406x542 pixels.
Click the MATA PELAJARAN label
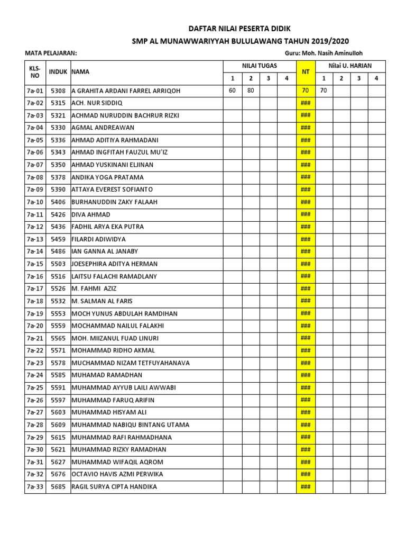(x=51, y=53)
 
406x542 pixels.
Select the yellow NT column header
(x=305, y=72)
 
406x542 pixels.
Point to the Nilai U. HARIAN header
(x=350, y=66)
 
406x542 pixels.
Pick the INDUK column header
(x=58, y=71)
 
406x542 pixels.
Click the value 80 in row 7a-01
(x=250, y=91)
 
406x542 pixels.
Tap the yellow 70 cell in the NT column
(x=305, y=91)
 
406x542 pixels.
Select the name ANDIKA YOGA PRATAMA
(x=107, y=177)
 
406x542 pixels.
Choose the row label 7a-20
(x=35, y=326)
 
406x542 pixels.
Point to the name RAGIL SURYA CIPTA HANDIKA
(x=114, y=486)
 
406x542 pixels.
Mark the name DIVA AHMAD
(x=91, y=214)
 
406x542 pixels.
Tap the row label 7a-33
(x=35, y=486)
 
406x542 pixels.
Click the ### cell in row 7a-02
(x=305, y=103)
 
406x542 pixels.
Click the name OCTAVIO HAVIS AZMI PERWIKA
(x=117, y=474)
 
